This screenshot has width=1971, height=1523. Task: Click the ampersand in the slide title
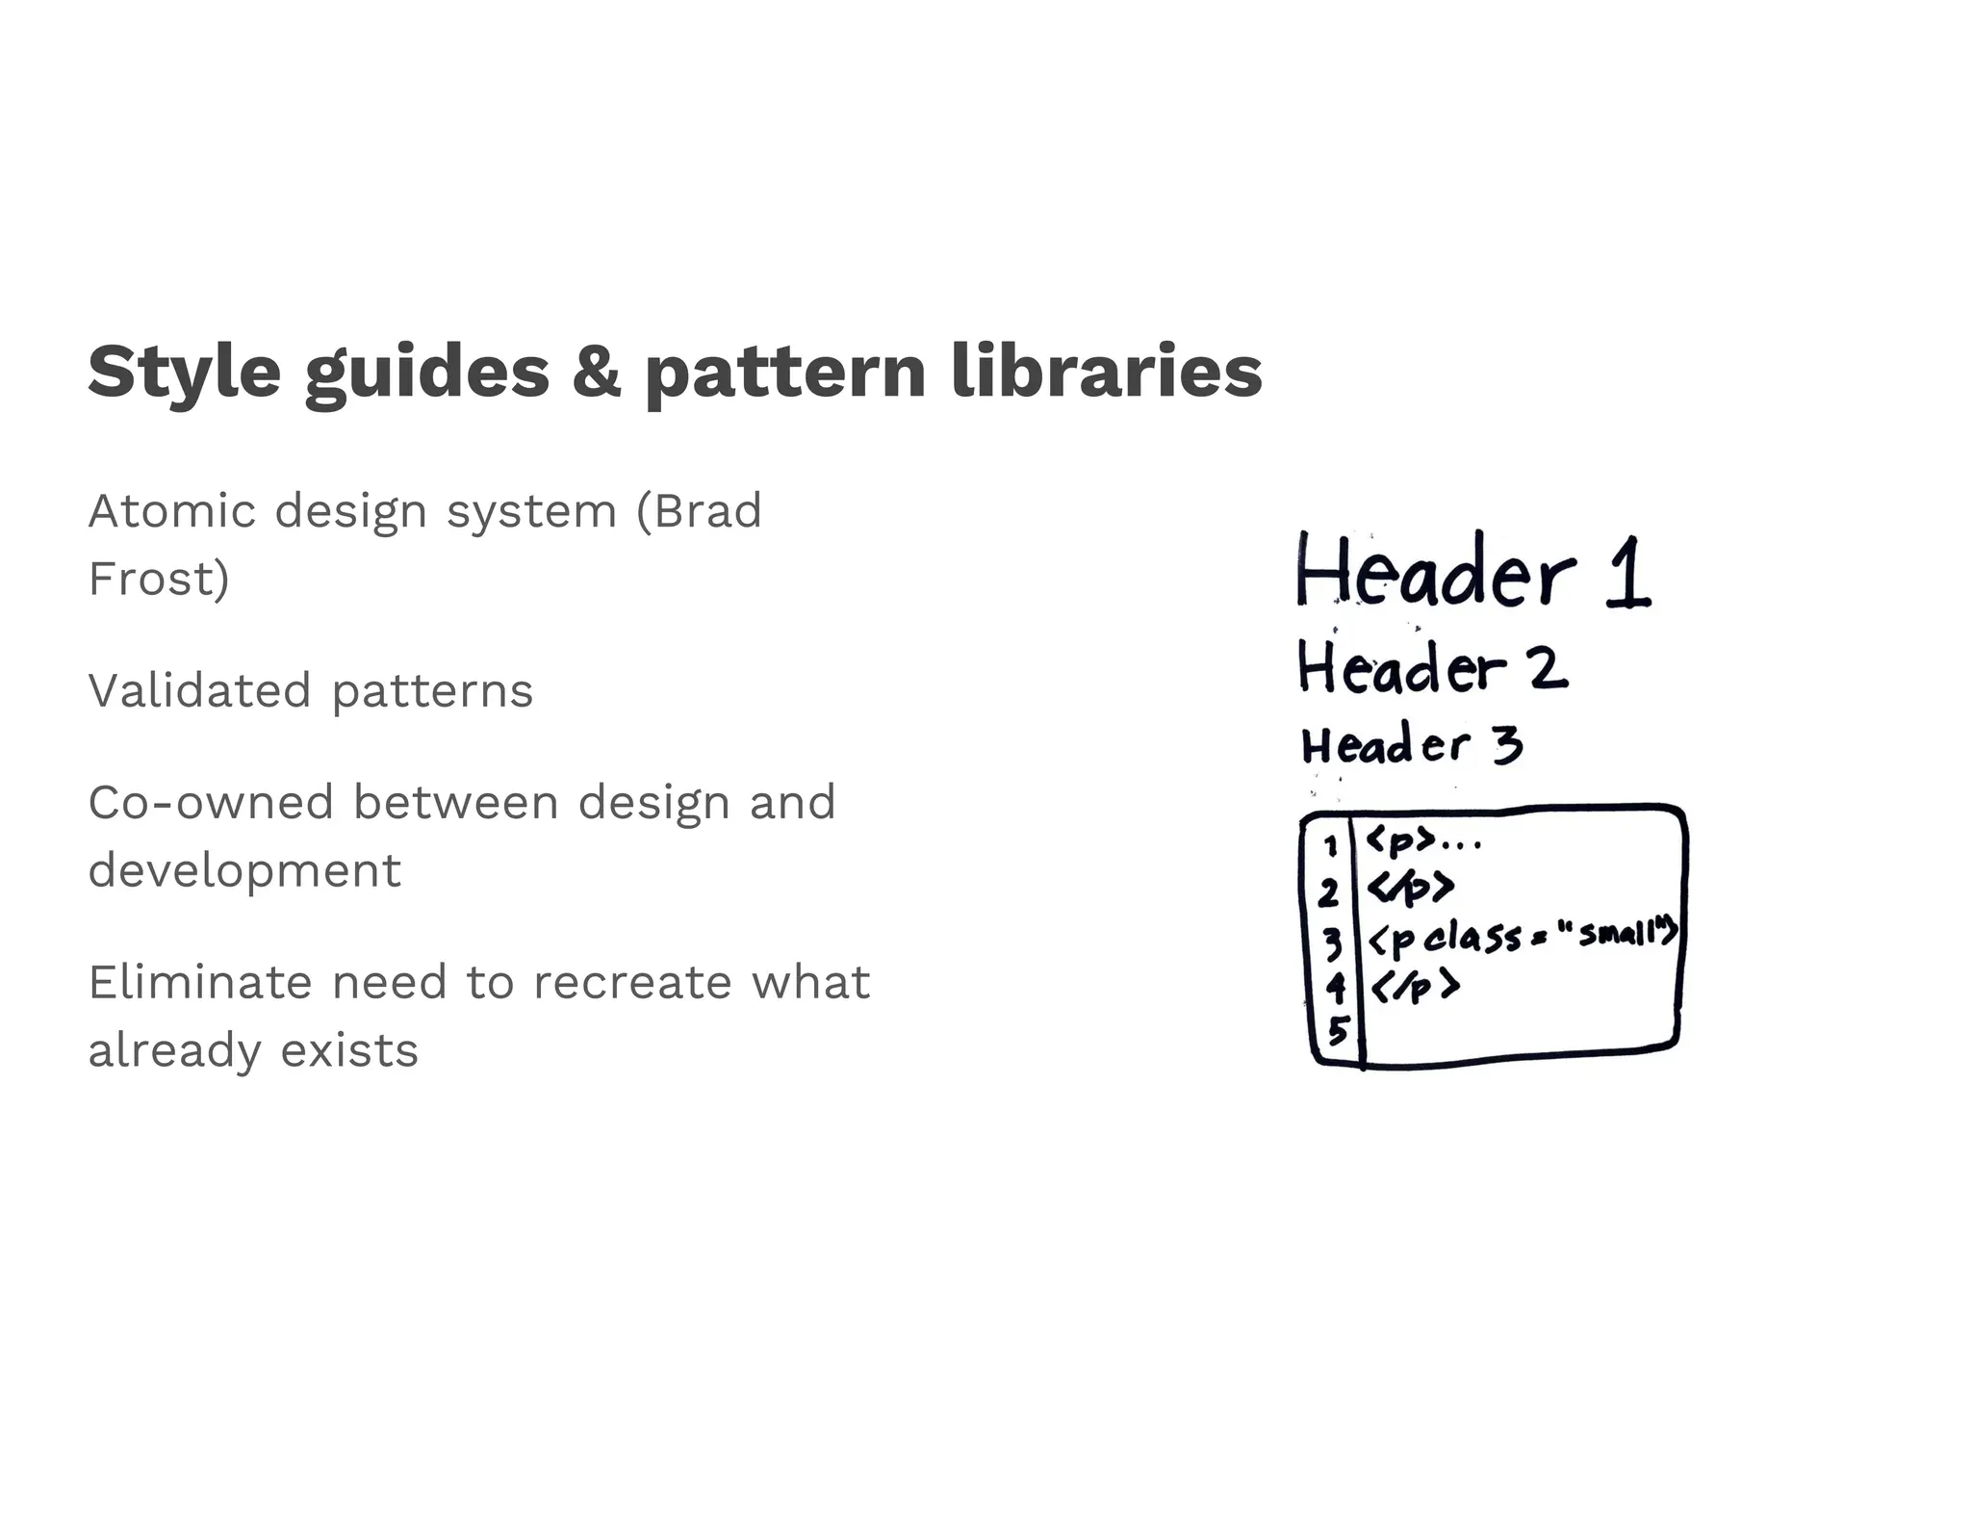pyautogui.click(x=597, y=372)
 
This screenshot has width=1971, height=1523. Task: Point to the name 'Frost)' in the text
pyautogui.click(x=159, y=579)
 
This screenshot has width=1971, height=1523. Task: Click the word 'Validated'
pyautogui.click(x=199, y=690)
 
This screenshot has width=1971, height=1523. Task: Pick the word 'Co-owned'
pyautogui.click(x=210, y=802)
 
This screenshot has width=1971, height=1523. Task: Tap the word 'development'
pyautogui.click(x=244, y=871)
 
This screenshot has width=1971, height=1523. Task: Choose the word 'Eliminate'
pyautogui.click(x=199, y=982)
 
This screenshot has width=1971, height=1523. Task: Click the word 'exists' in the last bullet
pyautogui.click(x=349, y=1050)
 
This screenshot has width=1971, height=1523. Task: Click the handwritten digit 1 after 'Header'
pyautogui.click(x=1627, y=573)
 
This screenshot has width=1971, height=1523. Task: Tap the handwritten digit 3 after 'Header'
pyautogui.click(x=1508, y=745)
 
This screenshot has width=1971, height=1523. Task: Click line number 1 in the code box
pyautogui.click(x=1331, y=846)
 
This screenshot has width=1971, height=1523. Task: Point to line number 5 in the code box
pyautogui.click(x=1337, y=1031)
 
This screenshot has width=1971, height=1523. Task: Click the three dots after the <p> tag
pyautogui.click(x=1460, y=846)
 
